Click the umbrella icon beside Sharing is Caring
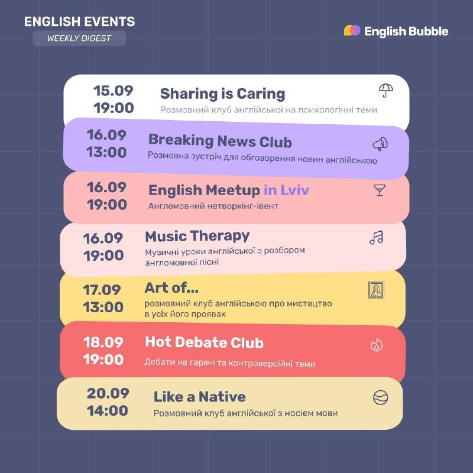click(386, 90)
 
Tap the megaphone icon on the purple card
click(380, 144)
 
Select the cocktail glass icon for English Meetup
click(380, 190)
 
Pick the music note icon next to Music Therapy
click(377, 238)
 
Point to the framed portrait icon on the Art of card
click(376, 290)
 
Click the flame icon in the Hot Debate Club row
click(377, 345)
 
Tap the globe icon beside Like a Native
click(380, 397)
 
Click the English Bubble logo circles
click(352, 31)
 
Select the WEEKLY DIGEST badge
click(79, 38)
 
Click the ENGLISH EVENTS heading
click(80, 21)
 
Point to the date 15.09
click(113, 90)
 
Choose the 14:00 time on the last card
click(108, 410)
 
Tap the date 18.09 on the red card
click(103, 342)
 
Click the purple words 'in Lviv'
click(287, 190)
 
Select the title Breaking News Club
click(220, 141)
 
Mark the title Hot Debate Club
click(204, 342)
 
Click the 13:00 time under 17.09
click(103, 307)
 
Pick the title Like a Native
click(200, 397)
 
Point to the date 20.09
click(108, 393)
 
